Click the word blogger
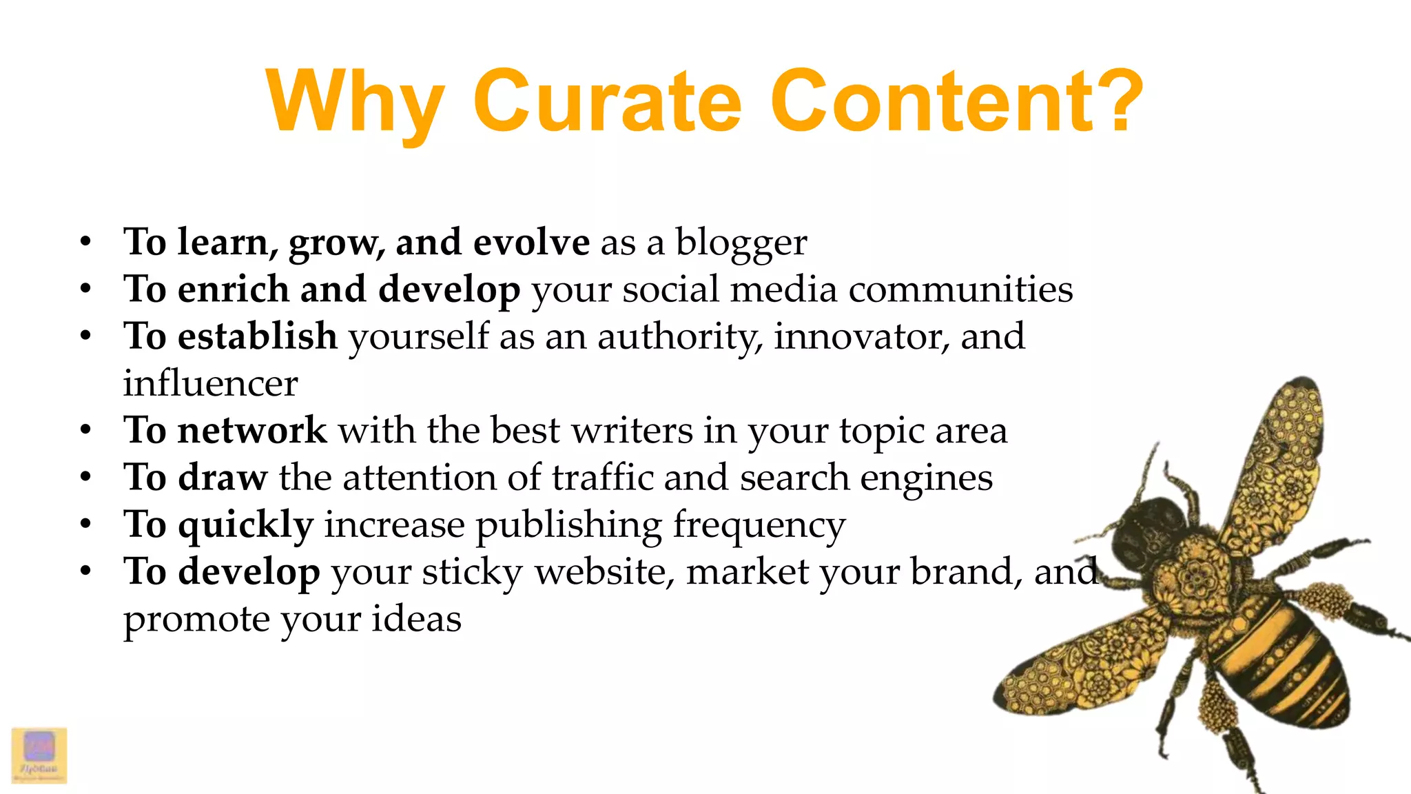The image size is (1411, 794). pos(741,243)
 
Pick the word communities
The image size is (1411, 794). pos(960,289)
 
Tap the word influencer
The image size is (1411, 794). pos(210,384)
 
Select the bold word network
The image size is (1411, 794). pos(252,431)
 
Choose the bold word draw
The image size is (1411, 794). pos(223,478)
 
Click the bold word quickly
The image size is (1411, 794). pos(246,526)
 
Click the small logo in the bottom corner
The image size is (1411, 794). pos(39,755)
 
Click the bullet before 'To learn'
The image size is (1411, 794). pos(85,243)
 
